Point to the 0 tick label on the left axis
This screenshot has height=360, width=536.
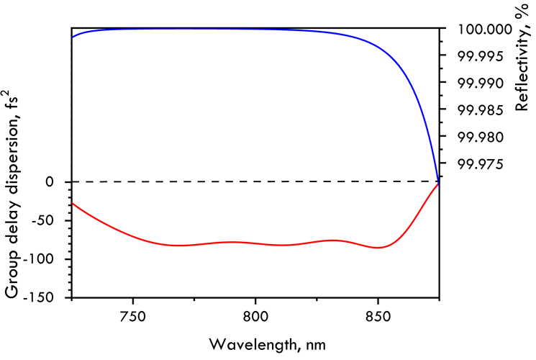(x=50, y=182)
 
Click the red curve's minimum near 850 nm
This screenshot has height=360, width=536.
(x=378, y=248)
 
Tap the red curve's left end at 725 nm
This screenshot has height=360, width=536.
(x=72, y=203)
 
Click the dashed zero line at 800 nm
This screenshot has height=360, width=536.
(x=255, y=181)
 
